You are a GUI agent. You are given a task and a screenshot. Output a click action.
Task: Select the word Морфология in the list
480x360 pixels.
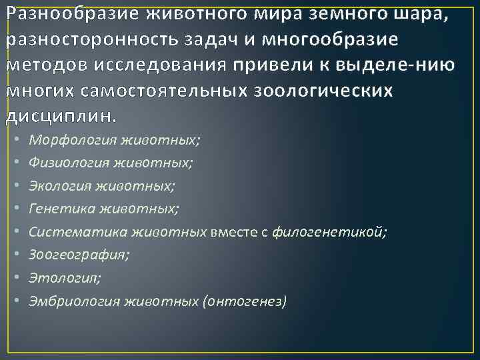point(72,140)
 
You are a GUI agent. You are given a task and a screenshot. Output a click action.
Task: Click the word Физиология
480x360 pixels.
point(70,162)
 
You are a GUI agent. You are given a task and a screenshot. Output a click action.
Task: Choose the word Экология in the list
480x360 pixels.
point(62,185)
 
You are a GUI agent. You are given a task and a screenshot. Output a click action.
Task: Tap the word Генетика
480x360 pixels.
point(61,209)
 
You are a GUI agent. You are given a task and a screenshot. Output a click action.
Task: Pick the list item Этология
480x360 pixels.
point(59,278)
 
